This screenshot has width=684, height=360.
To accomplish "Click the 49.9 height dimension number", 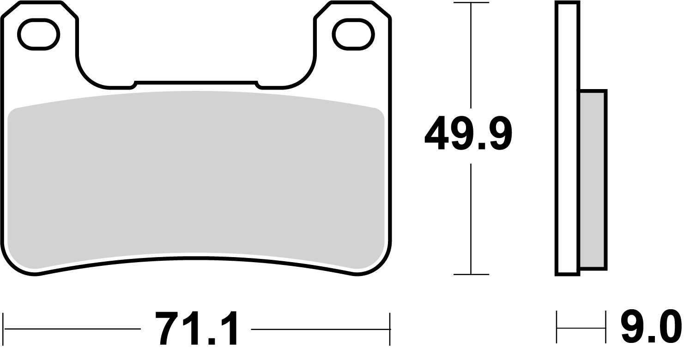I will coord(468,134).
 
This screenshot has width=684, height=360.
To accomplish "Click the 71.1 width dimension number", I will coord(196,329).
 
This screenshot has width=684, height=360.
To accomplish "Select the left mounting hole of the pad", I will coord(38,35).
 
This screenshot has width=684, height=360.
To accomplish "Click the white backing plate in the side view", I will coord(568,138).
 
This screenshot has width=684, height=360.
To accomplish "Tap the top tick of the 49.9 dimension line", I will coord(471,3).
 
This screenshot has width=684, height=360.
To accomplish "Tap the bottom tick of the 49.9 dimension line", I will coord(471,275).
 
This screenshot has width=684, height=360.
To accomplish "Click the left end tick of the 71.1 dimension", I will coord(4,329).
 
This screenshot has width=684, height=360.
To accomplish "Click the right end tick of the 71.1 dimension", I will coord(390,329).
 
